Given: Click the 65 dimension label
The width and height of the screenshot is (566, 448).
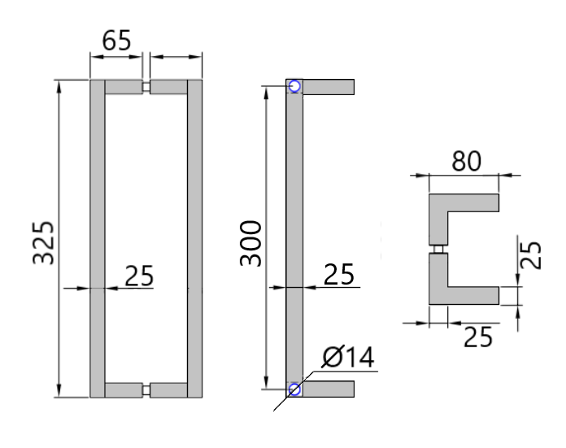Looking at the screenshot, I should [116, 41].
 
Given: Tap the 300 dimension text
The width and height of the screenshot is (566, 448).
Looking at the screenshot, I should [250, 241].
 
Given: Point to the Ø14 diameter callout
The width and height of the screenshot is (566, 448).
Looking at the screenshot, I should [349, 357].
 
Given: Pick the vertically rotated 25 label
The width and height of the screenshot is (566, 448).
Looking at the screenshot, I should [530, 254].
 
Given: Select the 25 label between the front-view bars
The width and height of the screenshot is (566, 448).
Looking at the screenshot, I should [139, 276].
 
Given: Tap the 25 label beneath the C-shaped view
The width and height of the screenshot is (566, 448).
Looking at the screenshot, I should [478, 336].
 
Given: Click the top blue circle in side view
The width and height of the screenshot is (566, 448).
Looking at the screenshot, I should [294, 86].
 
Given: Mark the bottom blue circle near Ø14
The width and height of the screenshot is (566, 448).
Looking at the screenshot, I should [294, 389].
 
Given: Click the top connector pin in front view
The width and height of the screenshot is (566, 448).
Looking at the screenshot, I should [146, 87].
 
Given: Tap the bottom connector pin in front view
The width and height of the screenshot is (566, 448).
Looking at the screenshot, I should [146, 389].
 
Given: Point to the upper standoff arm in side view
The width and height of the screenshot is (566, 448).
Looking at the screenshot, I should [329, 86].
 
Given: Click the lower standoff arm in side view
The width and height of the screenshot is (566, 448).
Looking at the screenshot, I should [329, 389].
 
